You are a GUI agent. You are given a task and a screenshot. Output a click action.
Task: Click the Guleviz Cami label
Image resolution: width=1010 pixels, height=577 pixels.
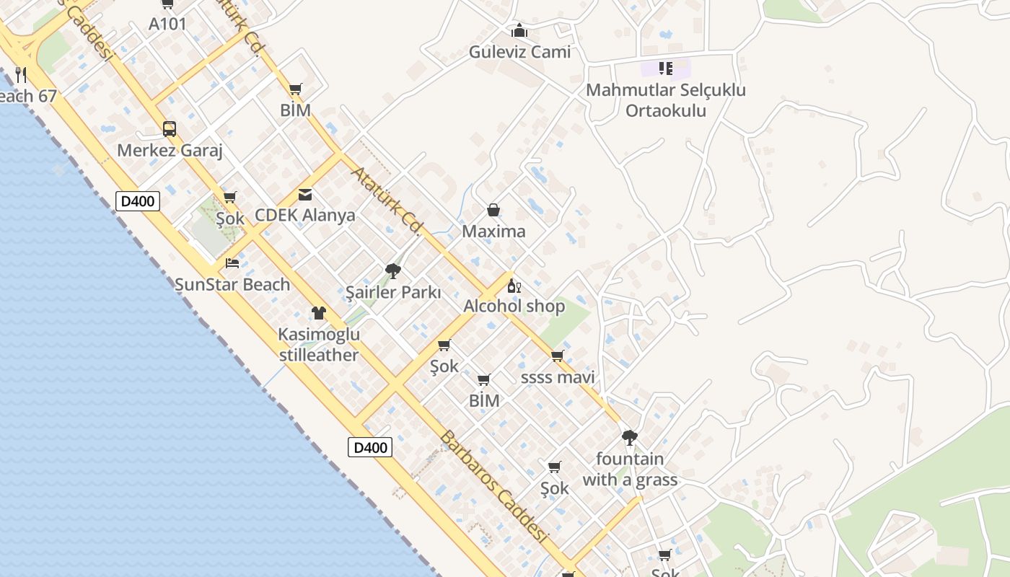[x=519, y=52]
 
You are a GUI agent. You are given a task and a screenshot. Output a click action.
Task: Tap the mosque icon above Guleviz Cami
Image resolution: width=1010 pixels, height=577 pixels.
[x=519, y=30]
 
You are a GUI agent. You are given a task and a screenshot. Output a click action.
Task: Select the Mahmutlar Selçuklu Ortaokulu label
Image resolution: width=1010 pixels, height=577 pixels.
[x=665, y=100]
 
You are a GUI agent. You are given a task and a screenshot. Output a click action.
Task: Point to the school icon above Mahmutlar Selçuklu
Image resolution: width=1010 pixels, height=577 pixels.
[x=666, y=69]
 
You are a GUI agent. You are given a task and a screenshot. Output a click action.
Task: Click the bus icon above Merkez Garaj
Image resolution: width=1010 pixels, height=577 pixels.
[x=170, y=129]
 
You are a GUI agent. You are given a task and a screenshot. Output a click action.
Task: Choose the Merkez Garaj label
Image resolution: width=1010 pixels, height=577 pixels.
[x=170, y=151]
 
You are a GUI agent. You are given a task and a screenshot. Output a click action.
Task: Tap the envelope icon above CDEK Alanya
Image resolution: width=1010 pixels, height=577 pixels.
[x=305, y=195]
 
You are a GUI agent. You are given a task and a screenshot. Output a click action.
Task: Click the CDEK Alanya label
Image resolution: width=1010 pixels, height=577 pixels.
[x=305, y=216]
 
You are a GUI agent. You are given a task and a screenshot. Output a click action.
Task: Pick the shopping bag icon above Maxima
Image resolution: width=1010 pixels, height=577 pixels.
[x=493, y=210]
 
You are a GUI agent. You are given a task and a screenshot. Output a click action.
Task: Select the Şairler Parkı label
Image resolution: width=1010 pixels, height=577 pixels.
[x=393, y=293]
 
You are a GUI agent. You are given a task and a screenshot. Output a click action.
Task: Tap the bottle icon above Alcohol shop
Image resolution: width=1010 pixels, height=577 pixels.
[x=514, y=286]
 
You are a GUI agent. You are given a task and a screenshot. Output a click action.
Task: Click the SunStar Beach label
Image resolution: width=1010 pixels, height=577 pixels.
[x=232, y=285]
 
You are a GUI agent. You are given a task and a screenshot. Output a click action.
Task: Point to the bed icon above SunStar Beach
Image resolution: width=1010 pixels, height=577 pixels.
[x=232, y=263]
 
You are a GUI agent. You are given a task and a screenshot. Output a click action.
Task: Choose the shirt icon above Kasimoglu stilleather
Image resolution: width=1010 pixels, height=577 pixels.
[x=319, y=313]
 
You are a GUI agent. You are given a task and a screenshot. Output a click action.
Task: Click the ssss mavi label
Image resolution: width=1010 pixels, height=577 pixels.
[x=558, y=377]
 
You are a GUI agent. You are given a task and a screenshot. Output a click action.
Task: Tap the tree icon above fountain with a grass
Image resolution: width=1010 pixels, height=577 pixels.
[x=630, y=437]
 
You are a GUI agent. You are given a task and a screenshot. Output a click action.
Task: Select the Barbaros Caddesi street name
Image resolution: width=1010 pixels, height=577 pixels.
[x=493, y=487]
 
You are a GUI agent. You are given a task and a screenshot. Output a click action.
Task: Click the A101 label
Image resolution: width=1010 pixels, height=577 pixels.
[x=168, y=24]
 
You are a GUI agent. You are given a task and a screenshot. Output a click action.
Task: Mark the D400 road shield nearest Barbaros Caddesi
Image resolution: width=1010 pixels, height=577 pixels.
[x=371, y=447]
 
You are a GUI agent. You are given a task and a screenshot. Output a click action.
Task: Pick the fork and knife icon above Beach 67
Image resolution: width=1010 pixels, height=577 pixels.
[x=21, y=74]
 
